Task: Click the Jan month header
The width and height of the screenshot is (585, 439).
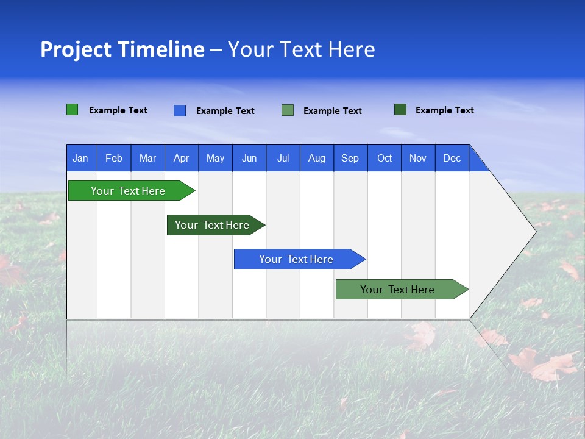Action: click(x=80, y=158)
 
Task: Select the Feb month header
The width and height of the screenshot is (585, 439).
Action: click(x=114, y=158)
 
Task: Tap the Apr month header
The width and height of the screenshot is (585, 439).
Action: click(x=181, y=158)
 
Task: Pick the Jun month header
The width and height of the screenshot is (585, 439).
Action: click(x=249, y=158)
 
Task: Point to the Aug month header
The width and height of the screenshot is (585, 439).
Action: click(x=316, y=158)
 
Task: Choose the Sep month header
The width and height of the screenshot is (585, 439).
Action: click(x=350, y=158)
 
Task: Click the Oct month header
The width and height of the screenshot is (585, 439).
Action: click(x=384, y=158)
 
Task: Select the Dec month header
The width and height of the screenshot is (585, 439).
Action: click(x=452, y=158)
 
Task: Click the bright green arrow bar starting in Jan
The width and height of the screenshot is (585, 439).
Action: click(x=128, y=191)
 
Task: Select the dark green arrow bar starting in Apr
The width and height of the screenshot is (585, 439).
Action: click(x=212, y=225)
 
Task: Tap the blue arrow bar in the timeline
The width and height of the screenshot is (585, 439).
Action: click(x=296, y=259)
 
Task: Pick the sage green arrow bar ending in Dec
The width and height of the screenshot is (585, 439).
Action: click(x=397, y=290)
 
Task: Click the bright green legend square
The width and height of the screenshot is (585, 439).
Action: click(x=72, y=110)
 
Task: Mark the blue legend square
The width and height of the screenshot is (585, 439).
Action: click(x=179, y=110)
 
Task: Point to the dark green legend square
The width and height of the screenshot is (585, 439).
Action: click(x=400, y=110)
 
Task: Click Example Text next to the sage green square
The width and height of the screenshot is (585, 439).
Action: click(x=332, y=110)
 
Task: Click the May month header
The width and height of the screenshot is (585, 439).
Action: click(x=215, y=158)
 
